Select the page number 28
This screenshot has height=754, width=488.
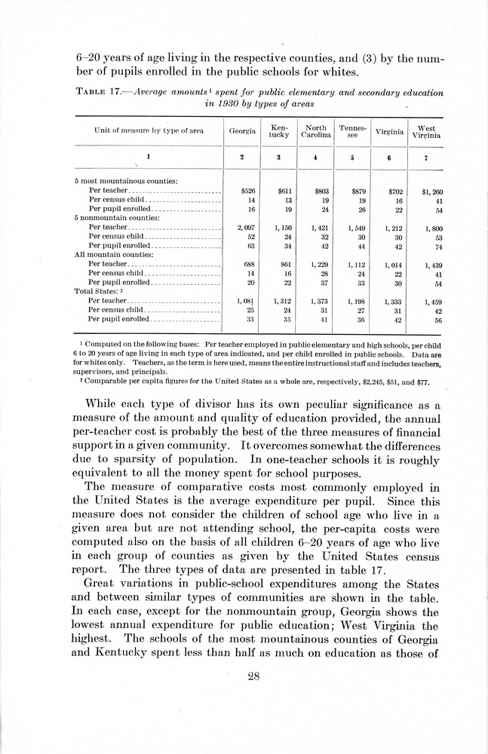pos(253,676)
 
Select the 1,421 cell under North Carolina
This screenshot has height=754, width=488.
pos(315,227)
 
